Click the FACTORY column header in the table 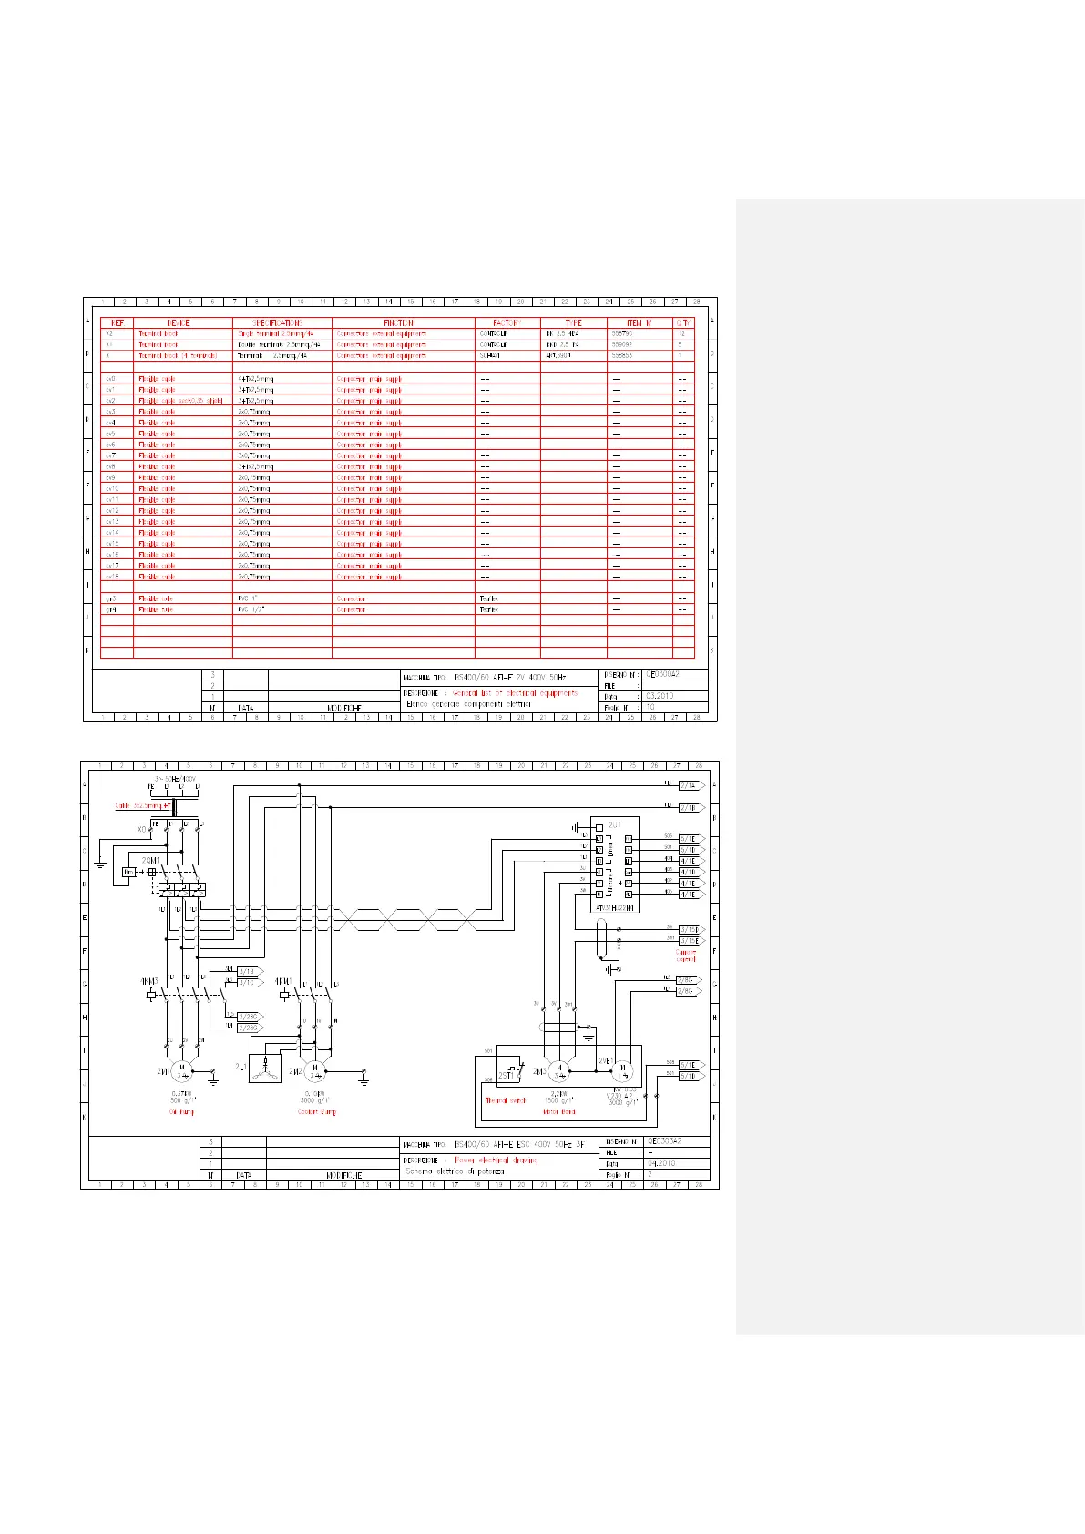point(507,322)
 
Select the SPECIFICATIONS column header point(281,322)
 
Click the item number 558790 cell point(622,334)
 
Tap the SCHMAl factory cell point(491,356)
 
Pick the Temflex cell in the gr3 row point(489,598)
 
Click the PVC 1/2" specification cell point(251,609)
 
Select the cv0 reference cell point(111,378)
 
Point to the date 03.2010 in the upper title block point(662,696)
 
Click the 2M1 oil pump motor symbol point(183,1070)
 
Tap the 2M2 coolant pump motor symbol point(314,1070)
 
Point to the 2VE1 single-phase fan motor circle point(624,1070)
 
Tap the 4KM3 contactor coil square point(151,995)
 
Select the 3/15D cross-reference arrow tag point(691,930)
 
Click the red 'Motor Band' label point(560,1111)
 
